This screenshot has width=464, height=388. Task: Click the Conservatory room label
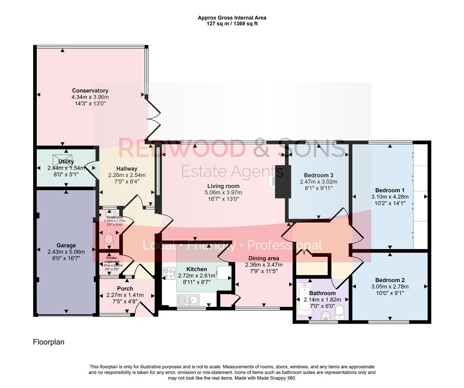tap(90, 91)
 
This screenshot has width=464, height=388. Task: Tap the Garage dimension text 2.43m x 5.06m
tap(66, 252)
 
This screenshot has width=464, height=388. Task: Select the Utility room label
tap(66, 162)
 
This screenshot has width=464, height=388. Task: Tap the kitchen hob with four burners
tap(169, 274)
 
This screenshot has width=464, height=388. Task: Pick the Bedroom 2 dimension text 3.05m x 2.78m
tap(390, 287)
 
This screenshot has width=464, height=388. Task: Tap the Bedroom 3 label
tap(318, 175)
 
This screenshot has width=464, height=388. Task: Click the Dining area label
tap(263, 258)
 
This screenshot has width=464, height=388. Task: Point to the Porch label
tap(125, 288)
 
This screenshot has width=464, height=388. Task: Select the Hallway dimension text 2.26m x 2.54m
tap(127, 175)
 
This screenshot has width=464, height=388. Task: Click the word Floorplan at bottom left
tap(49, 342)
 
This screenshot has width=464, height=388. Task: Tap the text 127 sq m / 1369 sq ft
tap(232, 24)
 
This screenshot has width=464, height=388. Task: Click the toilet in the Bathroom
tap(340, 314)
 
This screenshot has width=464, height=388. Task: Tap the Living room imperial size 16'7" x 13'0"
tap(223, 199)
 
